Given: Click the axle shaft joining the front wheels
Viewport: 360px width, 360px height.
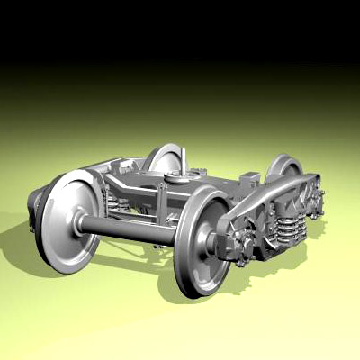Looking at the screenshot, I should [x=130, y=229].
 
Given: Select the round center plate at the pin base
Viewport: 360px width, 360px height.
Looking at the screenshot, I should [x=181, y=178].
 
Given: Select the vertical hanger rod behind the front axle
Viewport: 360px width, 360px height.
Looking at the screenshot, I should [x=163, y=205].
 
